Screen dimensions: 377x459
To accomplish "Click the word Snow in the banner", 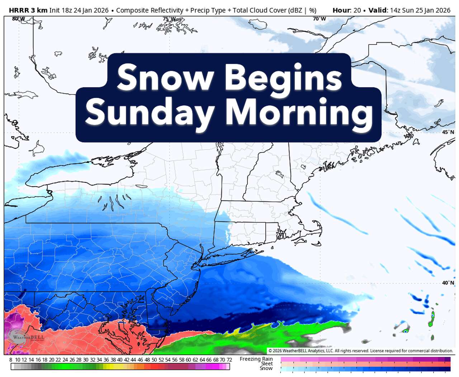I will point(165,77).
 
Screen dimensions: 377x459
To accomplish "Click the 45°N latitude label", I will point(448,132).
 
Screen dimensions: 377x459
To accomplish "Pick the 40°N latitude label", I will point(448,283).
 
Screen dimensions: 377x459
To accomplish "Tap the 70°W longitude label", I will point(319,19).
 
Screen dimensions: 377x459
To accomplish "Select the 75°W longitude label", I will point(169,19).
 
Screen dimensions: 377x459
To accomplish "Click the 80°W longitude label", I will point(18,19).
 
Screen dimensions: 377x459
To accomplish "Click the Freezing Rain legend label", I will point(256,359).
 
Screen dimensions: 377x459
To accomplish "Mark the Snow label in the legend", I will point(266,368).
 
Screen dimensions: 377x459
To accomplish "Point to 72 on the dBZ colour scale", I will point(229,360).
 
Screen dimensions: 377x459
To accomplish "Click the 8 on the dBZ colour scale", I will point(11,360).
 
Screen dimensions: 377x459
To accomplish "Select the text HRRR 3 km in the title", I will point(28,10).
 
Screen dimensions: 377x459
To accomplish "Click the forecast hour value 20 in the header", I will point(357,10).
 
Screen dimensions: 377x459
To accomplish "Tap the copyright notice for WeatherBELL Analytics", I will point(361,351).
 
